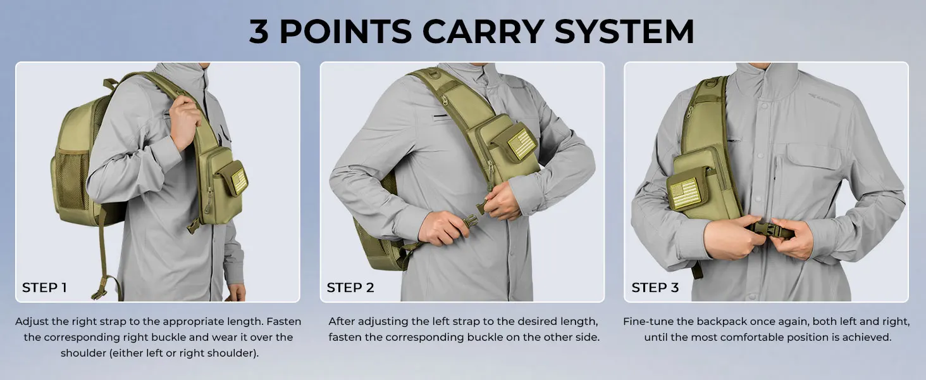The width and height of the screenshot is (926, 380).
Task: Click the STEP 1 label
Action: click(44, 288)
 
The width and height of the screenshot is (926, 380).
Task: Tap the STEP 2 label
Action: click(350, 288)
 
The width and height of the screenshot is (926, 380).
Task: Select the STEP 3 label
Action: click(655, 288)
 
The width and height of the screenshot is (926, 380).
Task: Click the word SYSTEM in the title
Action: click(624, 31)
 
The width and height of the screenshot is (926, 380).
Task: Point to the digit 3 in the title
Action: click(258, 31)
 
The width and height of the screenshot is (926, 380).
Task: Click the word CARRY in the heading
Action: click(483, 31)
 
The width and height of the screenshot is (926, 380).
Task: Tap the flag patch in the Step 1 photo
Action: click(239, 181)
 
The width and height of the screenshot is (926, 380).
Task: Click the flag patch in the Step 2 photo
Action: click(521, 143)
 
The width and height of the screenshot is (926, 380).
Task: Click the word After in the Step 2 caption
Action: click(342, 322)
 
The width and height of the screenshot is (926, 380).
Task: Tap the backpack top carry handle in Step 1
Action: click(111, 84)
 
